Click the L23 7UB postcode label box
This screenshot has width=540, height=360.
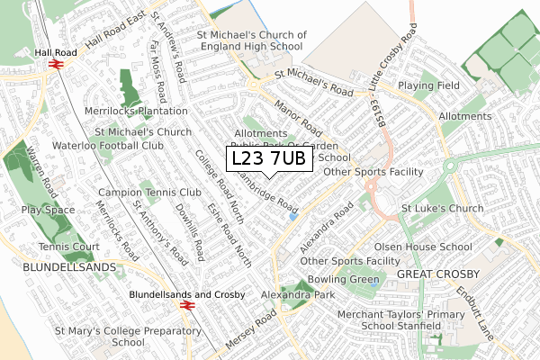pos(269,158)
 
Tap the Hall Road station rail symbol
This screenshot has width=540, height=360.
pos(55,66)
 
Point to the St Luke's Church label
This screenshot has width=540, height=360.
pos(443,209)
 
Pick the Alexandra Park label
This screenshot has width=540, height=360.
pos(297,295)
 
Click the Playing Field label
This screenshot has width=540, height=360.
pos(428,86)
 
